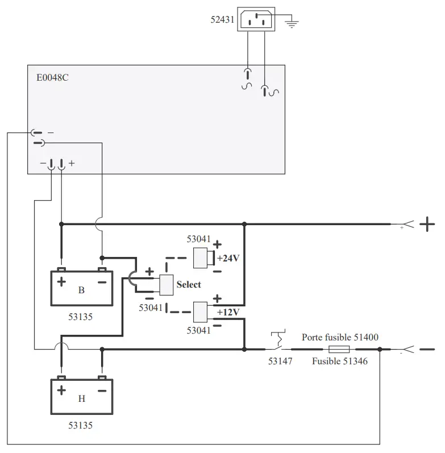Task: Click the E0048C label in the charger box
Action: point(49,77)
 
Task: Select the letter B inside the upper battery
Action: point(81,290)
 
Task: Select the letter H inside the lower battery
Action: point(81,398)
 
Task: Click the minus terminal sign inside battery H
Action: point(102,390)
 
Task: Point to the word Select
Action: point(189,284)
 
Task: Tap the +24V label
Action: point(228,258)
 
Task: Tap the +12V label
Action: point(228,312)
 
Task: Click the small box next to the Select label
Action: point(166,284)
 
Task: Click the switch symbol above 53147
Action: point(278,340)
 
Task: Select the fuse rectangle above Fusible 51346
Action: point(339,349)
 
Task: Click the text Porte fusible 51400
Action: point(340,337)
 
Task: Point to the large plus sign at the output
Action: point(427,225)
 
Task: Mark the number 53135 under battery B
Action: point(81,317)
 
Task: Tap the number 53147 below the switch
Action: point(280,361)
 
